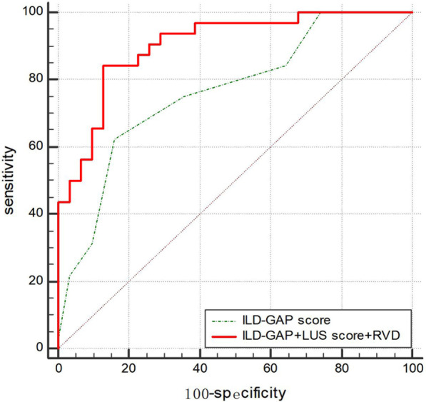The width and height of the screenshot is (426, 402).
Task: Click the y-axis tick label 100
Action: pyautogui.click(x=32, y=13)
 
